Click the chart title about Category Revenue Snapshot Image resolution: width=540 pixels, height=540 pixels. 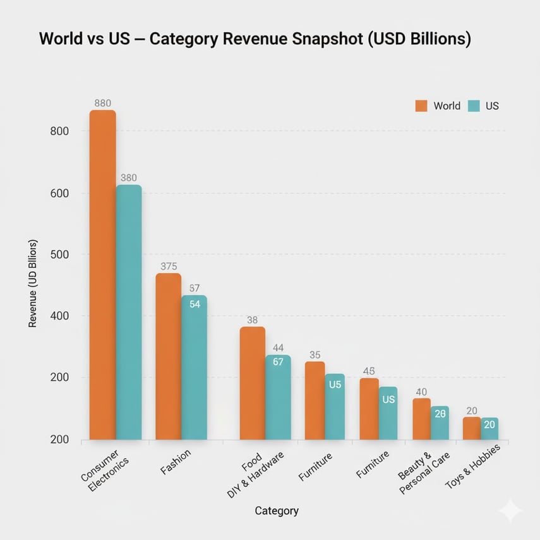[255, 39]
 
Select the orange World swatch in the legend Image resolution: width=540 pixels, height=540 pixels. [421, 106]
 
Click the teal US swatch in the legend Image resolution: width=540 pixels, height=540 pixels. [474, 106]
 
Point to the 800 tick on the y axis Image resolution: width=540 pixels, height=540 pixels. [58, 131]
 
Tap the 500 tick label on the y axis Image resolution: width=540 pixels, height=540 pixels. [58, 255]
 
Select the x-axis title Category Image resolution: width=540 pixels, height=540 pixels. [277, 510]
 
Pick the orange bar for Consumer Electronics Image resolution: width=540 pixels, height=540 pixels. [102, 275]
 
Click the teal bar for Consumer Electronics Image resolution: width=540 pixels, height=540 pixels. [129, 313]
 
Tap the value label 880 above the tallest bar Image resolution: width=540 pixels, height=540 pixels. [103, 103]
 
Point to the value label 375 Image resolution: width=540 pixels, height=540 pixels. [169, 267]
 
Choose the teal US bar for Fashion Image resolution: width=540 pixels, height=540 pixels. [194, 366]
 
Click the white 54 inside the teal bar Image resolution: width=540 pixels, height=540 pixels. [195, 304]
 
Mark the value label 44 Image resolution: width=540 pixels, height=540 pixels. [279, 348]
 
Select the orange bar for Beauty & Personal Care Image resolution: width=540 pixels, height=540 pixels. [421, 419]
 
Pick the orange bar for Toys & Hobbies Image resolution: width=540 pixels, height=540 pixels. [471, 428]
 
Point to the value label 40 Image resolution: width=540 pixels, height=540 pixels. [421, 392]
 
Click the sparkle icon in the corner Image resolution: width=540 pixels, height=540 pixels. [510, 510]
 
